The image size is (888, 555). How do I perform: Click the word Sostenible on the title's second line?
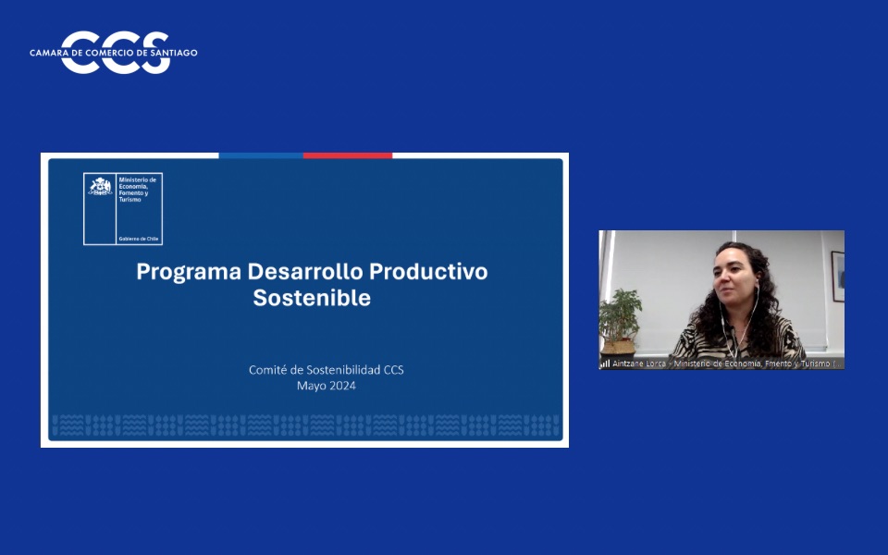click(x=312, y=298)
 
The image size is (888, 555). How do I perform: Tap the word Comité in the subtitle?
click(x=267, y=370)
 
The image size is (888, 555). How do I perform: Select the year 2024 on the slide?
click(x=341, y=386)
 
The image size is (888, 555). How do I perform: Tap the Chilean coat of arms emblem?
click(x=100, y=187)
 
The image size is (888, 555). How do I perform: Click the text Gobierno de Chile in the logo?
click(x=139, y=239)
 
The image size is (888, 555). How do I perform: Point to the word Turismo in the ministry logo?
click(x=130, y=200)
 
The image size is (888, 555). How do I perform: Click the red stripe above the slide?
click(x=348, y=155)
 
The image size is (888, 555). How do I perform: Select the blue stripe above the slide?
click(x=260, y=155)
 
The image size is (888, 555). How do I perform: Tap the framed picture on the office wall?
click(x=837, y=275)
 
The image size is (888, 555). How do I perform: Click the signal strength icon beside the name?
click(x=605, y=364)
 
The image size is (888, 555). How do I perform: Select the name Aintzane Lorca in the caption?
click(x=639, y=364)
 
